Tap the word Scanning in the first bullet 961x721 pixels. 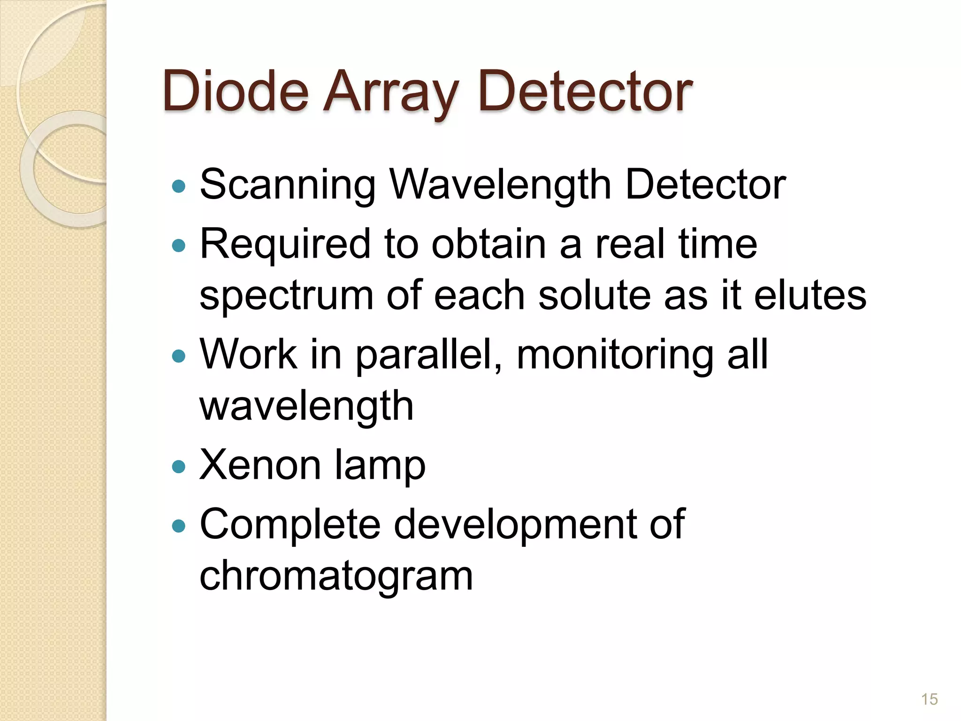point(288,185)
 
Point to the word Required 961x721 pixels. point(285,244)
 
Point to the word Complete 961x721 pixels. point(290,524)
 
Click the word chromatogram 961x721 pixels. point(336,576)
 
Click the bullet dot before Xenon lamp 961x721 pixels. point(179,467)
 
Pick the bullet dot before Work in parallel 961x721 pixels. point(179,356)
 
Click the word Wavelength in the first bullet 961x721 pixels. point(501,185)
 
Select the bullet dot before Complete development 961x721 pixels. point(179,526)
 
